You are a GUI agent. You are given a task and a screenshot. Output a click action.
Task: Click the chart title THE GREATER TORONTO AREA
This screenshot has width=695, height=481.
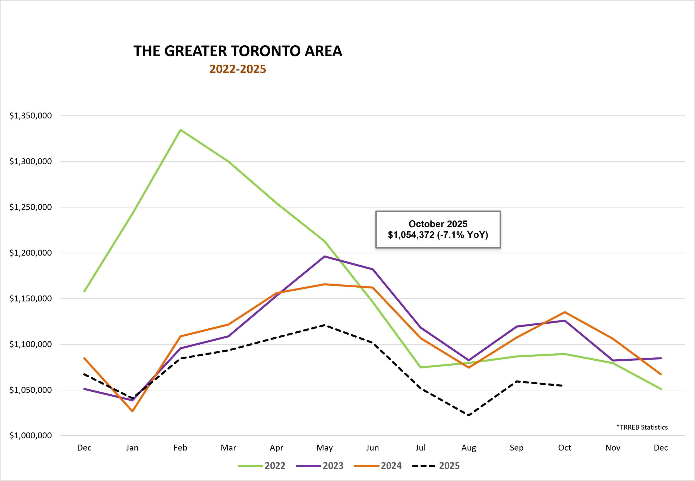point(238,51)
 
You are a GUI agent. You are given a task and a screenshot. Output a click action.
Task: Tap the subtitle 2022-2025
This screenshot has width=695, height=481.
point(238,69)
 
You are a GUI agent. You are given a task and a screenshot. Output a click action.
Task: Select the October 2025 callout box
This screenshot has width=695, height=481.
point(438,229)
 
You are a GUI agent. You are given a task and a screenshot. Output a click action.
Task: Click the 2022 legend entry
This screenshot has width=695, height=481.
point(261,466)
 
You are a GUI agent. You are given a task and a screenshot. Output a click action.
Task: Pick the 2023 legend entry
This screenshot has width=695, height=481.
point(320,466)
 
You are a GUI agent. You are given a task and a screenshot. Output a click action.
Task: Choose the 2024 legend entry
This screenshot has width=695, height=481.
point(378,466)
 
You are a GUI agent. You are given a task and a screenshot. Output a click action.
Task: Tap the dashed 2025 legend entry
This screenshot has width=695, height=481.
point(436,466)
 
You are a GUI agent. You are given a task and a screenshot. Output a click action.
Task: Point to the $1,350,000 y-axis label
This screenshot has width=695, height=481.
point(30,115)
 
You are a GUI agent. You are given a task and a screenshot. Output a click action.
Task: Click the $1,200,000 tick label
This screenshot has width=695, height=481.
point(30,253)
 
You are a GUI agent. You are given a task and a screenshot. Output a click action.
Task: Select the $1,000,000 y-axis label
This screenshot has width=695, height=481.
point(30,435)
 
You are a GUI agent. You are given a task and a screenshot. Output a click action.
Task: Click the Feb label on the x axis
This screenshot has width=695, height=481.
point(180,448)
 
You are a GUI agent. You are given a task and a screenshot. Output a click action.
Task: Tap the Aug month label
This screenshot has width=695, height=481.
point(469,448)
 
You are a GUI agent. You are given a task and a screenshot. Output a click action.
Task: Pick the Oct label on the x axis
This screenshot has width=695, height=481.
point(565,448)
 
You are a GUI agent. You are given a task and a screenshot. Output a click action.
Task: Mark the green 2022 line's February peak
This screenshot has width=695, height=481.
point(180,130)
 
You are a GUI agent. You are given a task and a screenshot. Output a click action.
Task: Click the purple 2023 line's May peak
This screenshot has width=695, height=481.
point(324,256)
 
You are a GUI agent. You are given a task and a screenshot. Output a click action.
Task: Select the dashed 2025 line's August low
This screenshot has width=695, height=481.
point(469,415)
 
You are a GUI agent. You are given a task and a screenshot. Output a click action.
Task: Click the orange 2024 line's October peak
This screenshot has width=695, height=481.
point(565,312)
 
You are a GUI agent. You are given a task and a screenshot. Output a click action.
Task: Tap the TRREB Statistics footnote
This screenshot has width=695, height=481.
point(642,427)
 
